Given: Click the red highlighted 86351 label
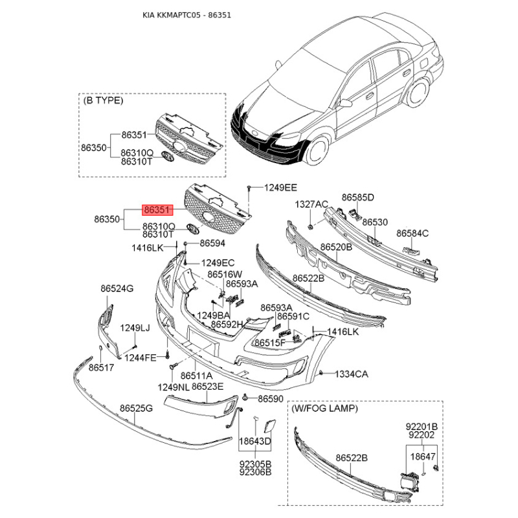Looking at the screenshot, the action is (157, 210).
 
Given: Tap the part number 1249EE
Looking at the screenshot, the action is (280, 188).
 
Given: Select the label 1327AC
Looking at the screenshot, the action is (311, 205).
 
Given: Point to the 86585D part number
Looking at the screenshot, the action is (358, 197).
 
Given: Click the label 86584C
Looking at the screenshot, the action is (412, 233).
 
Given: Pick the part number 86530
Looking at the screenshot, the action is (375, 222).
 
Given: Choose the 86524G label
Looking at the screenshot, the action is (117, 288).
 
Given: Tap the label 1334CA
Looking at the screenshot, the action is (352, 374).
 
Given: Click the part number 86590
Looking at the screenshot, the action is (271, 399).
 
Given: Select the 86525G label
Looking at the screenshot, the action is (136, 409).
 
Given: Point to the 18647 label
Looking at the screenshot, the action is (423, 456).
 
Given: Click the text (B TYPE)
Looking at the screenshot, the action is (103, 100).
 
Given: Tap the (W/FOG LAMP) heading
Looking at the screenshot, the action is (324, 409).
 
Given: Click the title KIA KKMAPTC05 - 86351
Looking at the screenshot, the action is (186, 15).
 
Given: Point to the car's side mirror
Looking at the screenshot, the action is (345, 103).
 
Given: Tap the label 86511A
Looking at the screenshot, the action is (197, 376).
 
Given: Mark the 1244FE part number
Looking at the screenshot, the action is (141, 357).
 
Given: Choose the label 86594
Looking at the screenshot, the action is (212, 243).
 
